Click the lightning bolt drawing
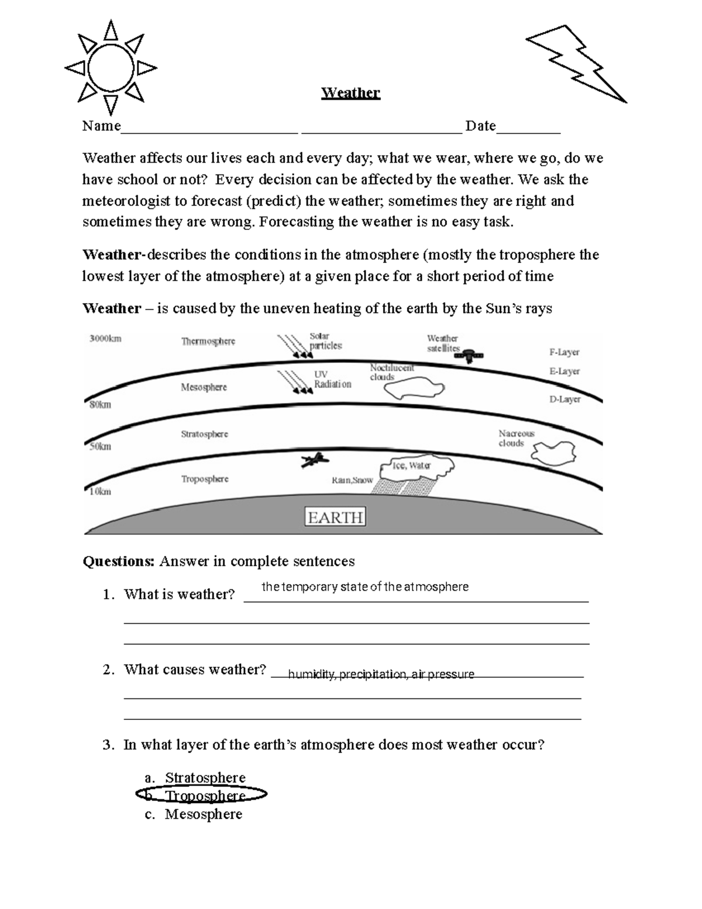click(x=576, y=64)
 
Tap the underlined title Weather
click(x=350, y=93)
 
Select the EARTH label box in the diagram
click(x=335, y=517)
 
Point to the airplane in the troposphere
click(x=312, y=460)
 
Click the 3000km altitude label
click(x=105, y=338)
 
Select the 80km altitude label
click(x=100, y=404)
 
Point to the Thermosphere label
click(x=208, y=341)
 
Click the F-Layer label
click(x=564, y=352)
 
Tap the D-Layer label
click(x=565, y=399)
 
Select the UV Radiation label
click(x=332, y=379)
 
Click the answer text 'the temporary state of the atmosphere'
click(x=364, y=586)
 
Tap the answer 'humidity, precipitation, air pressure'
click(x=381, y=674)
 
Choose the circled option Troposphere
click(x=205, y=795)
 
